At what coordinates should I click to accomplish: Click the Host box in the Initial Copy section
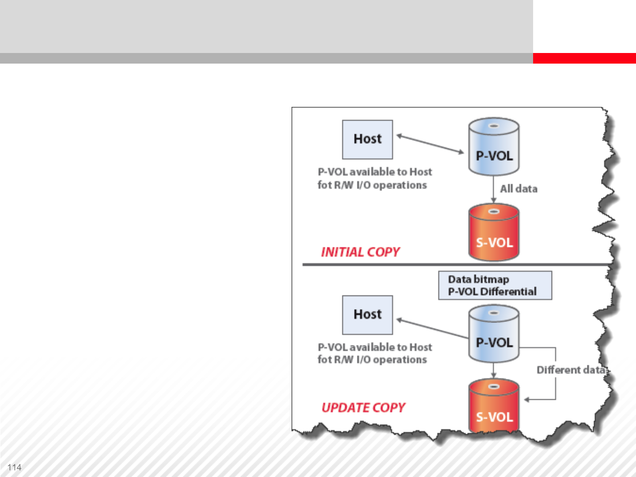(367, 139)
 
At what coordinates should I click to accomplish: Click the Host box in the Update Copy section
(367, 314)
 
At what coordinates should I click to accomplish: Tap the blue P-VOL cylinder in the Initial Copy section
(494, 147)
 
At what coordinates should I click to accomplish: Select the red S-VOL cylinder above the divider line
(494, 232)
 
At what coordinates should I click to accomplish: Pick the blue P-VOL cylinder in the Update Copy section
(494, 334)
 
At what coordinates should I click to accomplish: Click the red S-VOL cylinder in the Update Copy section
(494, 406)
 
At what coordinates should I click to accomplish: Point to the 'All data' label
(519, 189)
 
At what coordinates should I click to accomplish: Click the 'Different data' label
(571, 370)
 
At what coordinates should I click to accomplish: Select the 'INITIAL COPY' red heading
(360, 252)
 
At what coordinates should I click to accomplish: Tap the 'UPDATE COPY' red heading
(363, 408)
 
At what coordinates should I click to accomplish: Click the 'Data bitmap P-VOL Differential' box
(495, 285)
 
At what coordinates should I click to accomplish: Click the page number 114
(15, 467)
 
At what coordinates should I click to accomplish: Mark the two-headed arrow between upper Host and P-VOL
(430, 144)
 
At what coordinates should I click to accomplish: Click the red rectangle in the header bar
(584, 58)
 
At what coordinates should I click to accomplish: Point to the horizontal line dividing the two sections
(455, 265)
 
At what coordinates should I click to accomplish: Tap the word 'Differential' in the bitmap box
(508, 292)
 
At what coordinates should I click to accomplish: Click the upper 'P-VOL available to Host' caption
(375, 172)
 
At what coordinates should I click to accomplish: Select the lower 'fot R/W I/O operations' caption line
(372, 360)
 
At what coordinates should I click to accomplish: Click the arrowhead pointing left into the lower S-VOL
(527, 400)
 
